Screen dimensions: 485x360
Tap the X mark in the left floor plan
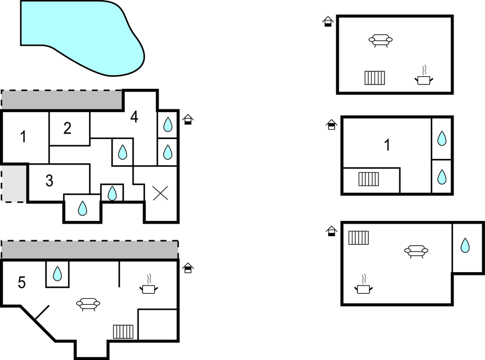[x=161, y=193]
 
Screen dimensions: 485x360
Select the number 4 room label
[x=134, y=117]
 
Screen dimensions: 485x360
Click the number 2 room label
[x=67, y=128]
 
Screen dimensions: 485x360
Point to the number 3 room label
[x=50, y=181]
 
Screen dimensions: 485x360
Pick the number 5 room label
[x=22, y=282]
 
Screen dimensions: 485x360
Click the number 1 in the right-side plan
[x=387, y=145]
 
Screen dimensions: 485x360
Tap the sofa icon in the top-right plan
[x=381, y=40]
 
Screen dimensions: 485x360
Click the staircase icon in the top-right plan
[x=375, y=78]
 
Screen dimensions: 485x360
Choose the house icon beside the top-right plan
[x=328, y=22]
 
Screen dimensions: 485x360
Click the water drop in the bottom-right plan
[x=465, y=245]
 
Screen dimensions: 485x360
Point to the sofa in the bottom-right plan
[x=416, y=251]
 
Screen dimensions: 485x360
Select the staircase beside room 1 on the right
[x=368, y=179]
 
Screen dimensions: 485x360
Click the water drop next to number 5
[x=57, y=274]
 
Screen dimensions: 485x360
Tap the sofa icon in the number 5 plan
[x=88, y=304]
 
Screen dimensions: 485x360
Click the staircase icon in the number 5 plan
[x=123, y=332]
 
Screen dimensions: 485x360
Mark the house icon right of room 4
[x=188, y=119]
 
